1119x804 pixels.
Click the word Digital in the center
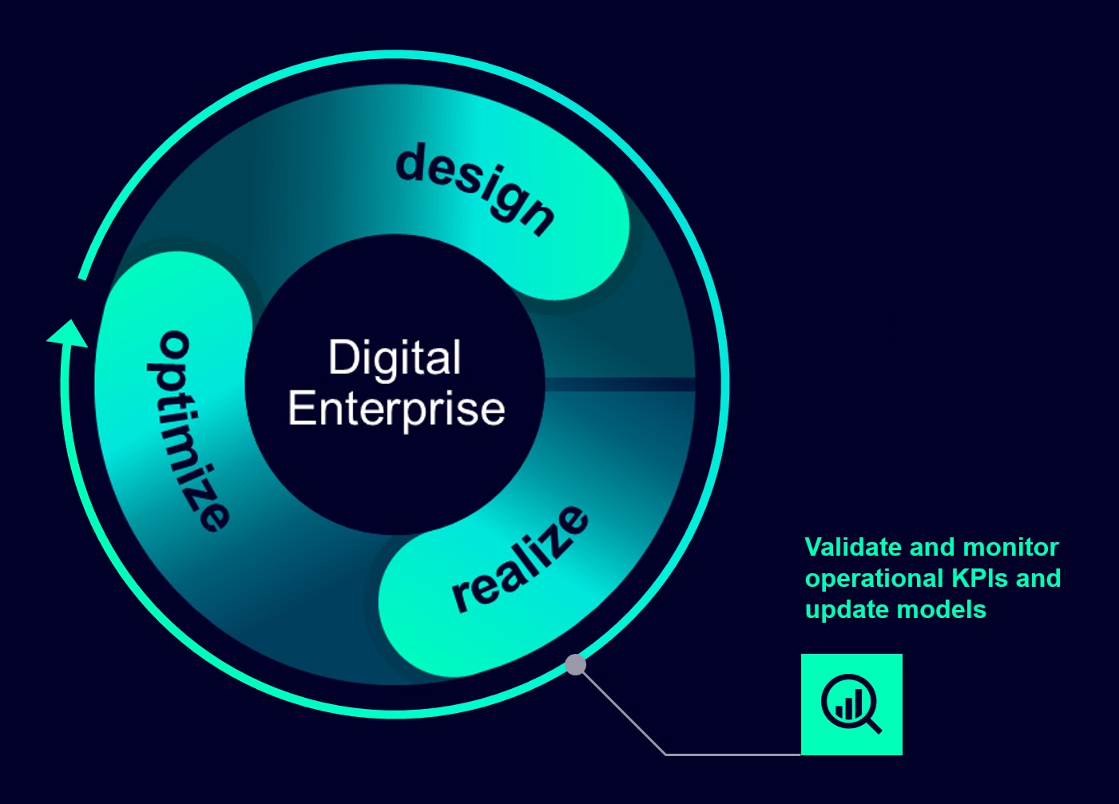pos(395,358)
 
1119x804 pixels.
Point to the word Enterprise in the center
pos(396,409)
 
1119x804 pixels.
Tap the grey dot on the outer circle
pos(575,664)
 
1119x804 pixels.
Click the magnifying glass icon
pos(851,704)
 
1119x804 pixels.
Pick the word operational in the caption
pos(863,579)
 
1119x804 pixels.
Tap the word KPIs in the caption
pos(969,578)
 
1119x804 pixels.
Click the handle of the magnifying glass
pos(873,725)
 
